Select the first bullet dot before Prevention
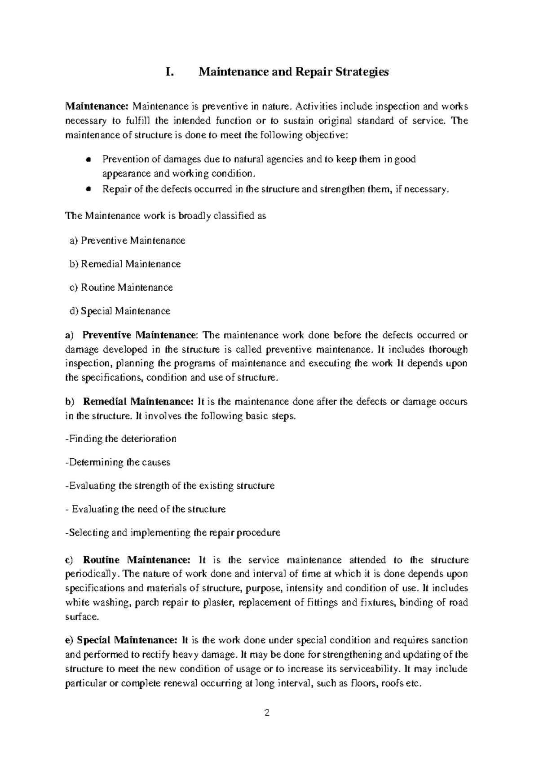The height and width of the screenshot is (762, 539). click(88, 159)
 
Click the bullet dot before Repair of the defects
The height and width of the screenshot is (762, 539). click(88, 190)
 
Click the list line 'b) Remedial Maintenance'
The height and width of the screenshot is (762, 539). click(125, 264)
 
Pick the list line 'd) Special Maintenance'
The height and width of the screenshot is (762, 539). click(120, 311)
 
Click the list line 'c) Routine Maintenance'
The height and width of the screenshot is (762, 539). click(121, 288)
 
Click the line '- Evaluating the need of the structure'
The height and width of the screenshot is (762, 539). click(146, 509)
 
